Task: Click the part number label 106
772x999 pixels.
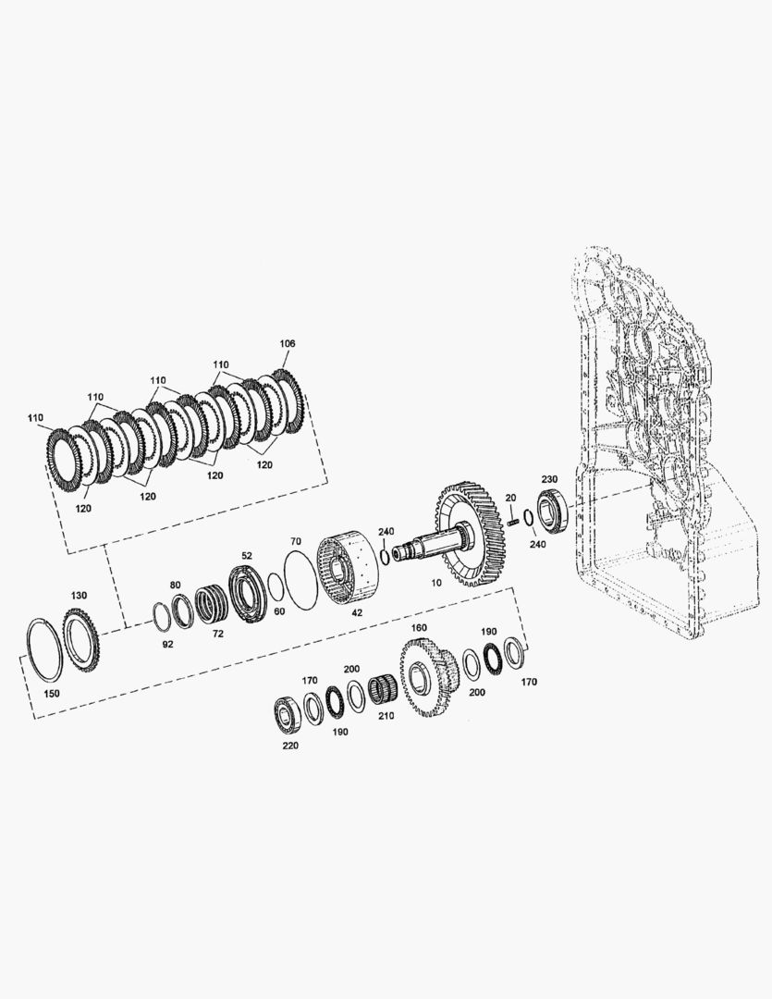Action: click(288, 343)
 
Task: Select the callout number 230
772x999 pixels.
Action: click(549, 479)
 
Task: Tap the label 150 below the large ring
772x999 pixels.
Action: click(52, 693)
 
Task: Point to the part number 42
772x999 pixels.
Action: click(357, 613)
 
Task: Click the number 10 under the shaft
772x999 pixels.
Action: click(436, 583)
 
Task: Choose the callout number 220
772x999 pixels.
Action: click(289, 746)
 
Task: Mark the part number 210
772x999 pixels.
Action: click(386, 715)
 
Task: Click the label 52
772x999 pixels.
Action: click(247, 556)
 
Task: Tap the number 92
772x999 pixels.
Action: click(167, 644)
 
